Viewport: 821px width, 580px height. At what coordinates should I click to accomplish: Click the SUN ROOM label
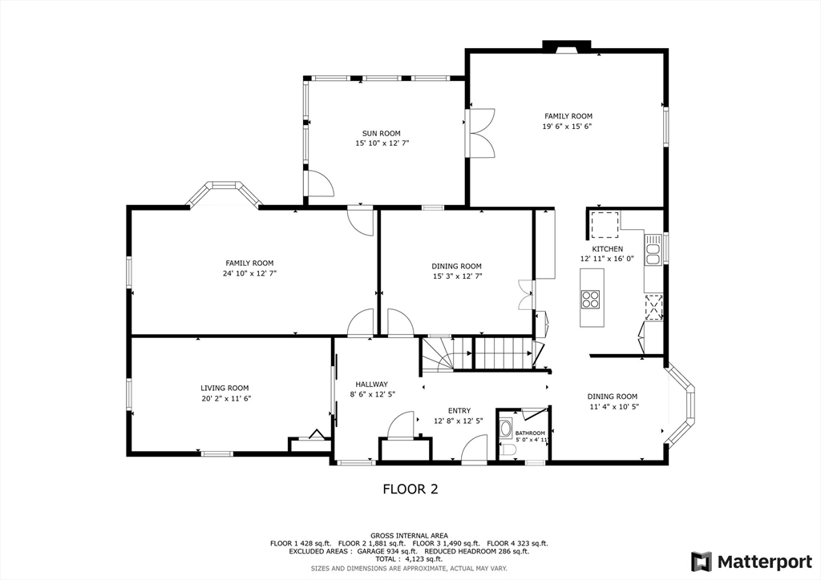381,134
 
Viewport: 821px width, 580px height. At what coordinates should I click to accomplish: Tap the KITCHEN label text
607,249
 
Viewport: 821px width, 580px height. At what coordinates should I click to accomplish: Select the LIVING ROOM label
225,388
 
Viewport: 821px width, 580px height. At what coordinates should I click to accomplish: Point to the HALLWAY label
371,384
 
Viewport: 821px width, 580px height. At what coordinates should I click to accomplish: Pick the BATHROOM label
530,433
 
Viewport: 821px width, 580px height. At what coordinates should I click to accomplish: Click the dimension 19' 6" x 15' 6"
568,127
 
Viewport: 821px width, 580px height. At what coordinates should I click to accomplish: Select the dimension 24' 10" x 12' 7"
249,273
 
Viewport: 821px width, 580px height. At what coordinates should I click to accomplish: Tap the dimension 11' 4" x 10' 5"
613,406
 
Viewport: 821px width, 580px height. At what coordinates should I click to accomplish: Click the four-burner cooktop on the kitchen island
590,299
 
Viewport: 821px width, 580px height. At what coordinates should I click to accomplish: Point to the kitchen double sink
653,248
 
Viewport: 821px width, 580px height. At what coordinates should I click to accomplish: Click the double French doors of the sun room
481,131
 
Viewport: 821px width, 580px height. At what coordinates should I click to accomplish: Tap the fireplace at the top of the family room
567,46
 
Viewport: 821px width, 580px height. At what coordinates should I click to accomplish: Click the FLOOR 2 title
410,489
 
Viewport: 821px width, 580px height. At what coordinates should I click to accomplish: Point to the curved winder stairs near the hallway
438,353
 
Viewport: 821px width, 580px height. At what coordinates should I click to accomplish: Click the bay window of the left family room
224,193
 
